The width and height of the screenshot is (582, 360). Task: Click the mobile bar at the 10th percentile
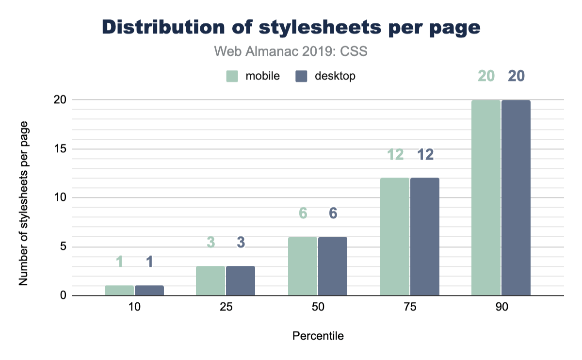coord(119,290)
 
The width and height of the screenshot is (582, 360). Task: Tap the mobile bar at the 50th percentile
coord(303,266)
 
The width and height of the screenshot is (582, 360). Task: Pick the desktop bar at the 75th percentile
coord(425,237)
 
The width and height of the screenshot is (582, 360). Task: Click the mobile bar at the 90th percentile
coord(486,197)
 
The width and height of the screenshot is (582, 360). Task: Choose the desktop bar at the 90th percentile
coord(516,197)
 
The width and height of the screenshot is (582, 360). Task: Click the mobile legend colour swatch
coord(232,76)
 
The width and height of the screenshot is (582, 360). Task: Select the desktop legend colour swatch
coord(302,76)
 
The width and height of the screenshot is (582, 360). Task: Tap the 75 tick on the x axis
coord(410,309)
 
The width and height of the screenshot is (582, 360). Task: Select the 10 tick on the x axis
coord(134,309)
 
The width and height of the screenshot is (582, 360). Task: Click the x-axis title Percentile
coord(318,336)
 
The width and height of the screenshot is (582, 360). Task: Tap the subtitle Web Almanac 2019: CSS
coord(291,51)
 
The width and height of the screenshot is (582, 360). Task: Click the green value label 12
coord(395,154)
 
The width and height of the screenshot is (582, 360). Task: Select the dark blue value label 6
coord(333,213)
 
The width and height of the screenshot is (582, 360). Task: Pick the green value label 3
coord(210,243)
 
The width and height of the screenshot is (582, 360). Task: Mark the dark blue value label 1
coord(149,262)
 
